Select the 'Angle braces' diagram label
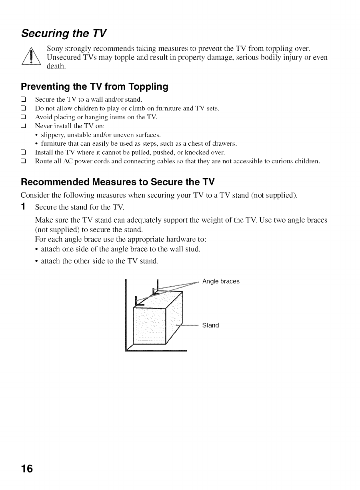tap(221, 281)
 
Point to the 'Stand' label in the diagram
tap(210, 325)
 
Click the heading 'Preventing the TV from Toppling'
tap(94, 86)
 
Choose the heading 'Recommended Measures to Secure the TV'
tap(118, 182)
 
